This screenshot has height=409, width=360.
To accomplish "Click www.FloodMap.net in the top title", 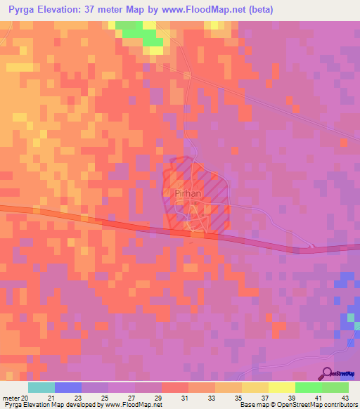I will pyautogui.click(x=209, y=10).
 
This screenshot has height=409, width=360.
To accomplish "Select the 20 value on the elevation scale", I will pyautogui.click(x=26, y=398).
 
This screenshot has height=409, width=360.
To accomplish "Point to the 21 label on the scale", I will pyautogui.click(x=67, y=398).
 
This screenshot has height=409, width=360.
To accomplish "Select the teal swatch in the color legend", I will pyautogui.click(x=41, y=387).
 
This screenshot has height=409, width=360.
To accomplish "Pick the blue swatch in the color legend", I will pyautogui.click(x=68, y=387).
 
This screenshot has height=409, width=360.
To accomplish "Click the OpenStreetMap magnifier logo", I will pyautogui.click(x=328, y=373).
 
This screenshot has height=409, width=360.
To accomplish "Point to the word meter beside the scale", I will pyautogui.click(x=11, y=398).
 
